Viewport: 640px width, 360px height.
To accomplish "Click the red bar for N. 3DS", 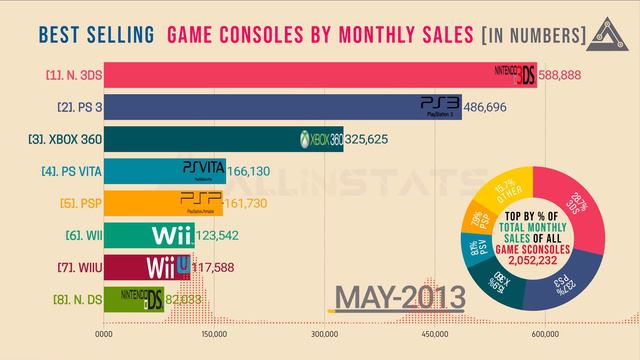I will [x=300, y=76].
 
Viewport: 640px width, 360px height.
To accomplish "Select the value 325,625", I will [x=371, y=139].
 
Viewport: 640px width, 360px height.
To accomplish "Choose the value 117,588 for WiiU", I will [x=218, y=267].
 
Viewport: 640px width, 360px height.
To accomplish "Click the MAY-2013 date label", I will [x=400, y=298].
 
